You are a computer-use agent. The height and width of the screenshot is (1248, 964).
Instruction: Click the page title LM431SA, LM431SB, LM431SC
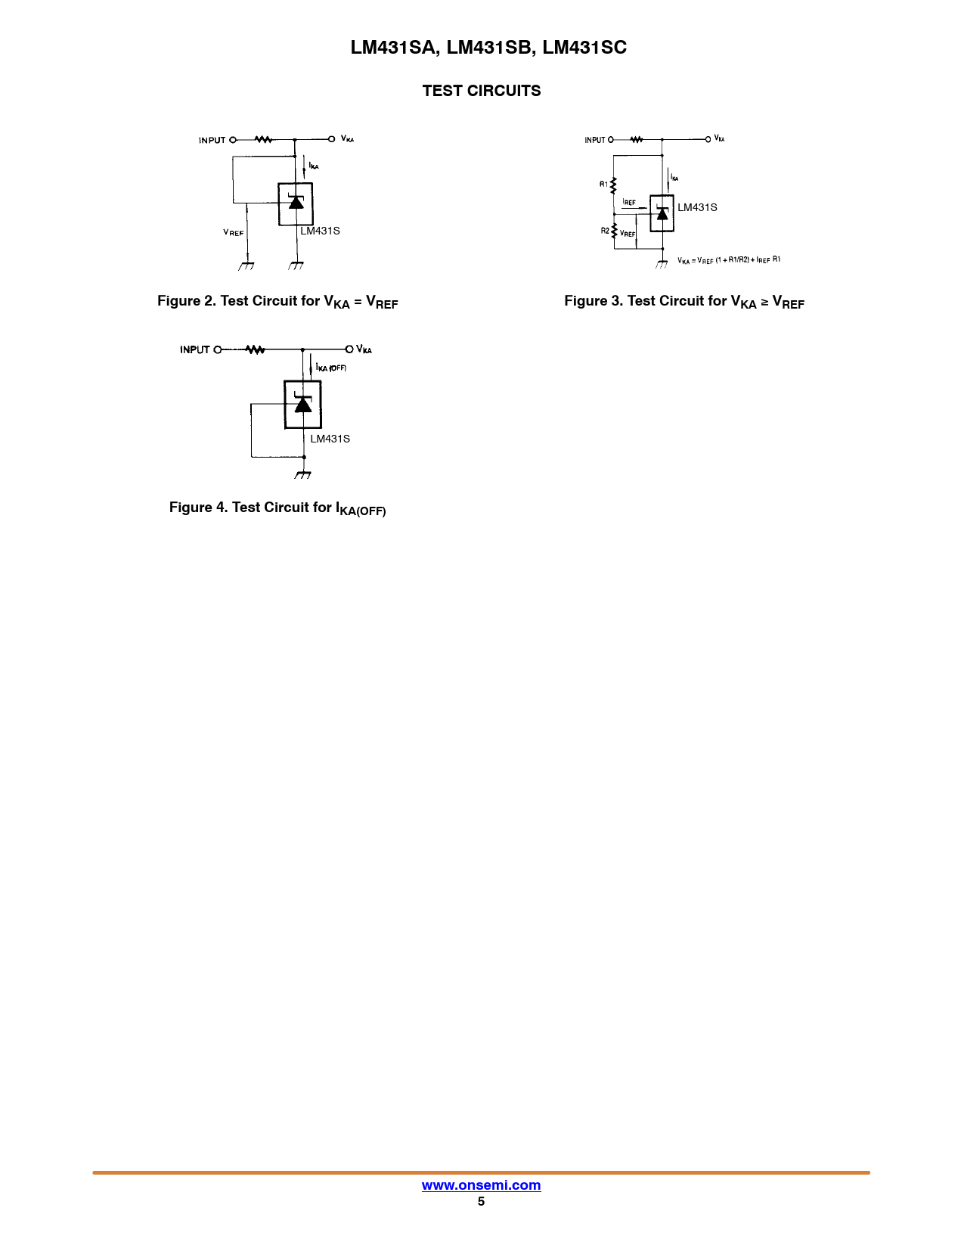tap(488, 48)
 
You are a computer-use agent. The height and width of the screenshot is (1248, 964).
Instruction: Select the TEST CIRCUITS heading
tap(482, 91)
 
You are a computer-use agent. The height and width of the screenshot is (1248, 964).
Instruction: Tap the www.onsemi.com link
tap(481, 1185)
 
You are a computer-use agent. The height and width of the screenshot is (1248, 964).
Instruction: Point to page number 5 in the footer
tap(481, 1202)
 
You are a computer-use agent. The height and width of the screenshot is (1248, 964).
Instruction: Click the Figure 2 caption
tap(277, 302)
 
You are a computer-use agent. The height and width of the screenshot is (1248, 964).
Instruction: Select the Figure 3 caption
tap(684, 302)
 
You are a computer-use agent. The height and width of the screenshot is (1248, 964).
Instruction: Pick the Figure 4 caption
tap(277, 508)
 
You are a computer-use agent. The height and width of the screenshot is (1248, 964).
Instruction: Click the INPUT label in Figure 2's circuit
tap(212, 140)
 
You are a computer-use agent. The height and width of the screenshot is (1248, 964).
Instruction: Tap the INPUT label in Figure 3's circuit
tap(595, 140)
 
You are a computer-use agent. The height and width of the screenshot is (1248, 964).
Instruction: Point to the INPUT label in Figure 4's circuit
tap(194, 349)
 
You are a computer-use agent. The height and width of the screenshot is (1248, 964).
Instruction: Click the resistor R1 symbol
tap(613, 185)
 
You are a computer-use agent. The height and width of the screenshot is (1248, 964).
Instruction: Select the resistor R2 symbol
tap(614, 230)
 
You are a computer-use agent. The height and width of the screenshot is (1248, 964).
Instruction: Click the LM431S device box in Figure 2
tap(296, 204)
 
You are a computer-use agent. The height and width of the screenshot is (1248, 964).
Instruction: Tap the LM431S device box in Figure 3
tap(662, 213)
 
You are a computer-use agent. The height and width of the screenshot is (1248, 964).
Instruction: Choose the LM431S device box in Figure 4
tap(302, 405)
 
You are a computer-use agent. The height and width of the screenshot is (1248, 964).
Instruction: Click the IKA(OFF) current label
tap(331, 368)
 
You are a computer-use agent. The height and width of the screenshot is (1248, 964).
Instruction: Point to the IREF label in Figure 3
tap(629, 203)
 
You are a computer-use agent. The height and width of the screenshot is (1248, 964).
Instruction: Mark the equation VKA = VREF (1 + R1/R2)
tap(729, 260)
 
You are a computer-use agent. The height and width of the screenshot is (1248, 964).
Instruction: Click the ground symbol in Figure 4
tap(303, 474)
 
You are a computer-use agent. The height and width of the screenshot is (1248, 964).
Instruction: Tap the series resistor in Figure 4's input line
tap(256, 349)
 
